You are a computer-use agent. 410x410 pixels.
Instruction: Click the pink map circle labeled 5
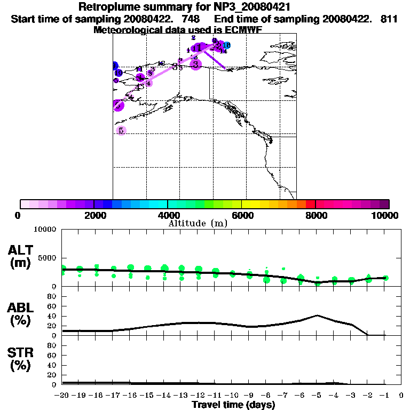(x=121, y=130)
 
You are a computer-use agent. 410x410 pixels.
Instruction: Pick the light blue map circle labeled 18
(x=227, y=45)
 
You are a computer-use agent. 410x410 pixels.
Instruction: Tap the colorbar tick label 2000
(x=93, y=215)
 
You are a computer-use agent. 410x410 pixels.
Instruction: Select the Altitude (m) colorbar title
(x=198, y=223)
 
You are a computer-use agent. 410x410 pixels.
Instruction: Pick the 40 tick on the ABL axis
(x=53, y=316)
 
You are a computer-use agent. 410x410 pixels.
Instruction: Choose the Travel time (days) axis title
(x=233, y=405)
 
